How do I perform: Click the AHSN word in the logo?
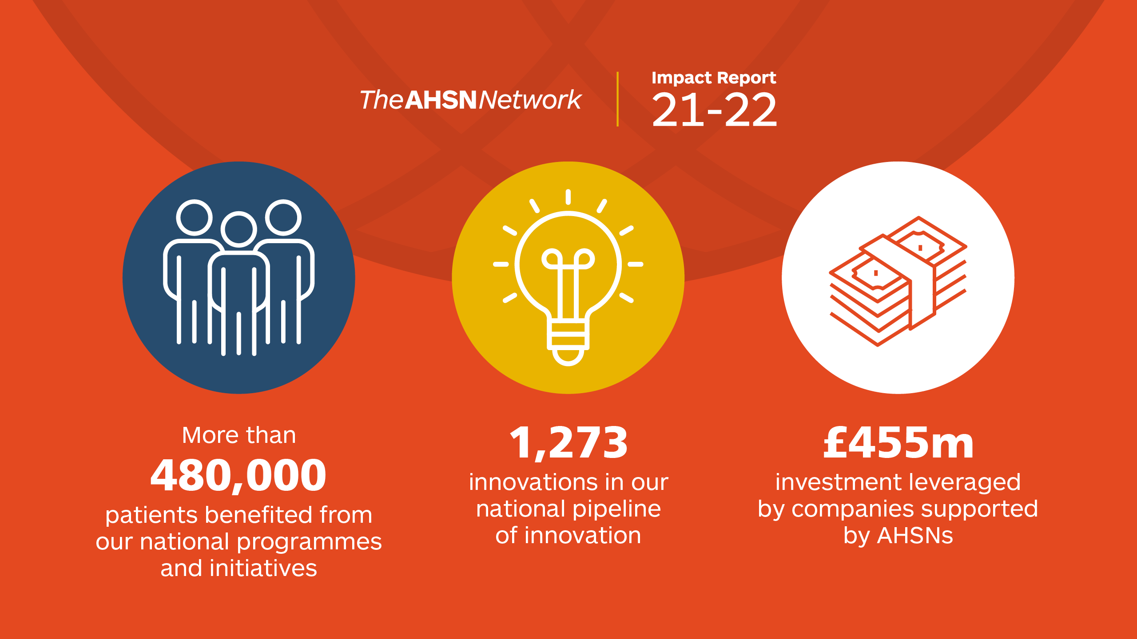tap(441, 100)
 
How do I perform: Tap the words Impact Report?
tap(714, 78)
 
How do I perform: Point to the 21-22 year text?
tap(714, 110)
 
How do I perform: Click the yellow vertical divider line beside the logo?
tap(617, 99)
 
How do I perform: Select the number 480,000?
tap(239, 476)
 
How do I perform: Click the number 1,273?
tap(568, 443)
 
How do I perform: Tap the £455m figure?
tap(898, 442)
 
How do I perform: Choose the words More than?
tap(239, 435)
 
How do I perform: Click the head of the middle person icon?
tap(239, 229)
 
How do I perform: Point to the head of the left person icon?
tap(194, 217)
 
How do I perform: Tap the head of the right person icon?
tap(283, 217)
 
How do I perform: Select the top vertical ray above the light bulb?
tap(568, 197)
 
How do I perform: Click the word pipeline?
tap(617, 509)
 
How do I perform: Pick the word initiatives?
tap(263, 568)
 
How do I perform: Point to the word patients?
tap(151, 516)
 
